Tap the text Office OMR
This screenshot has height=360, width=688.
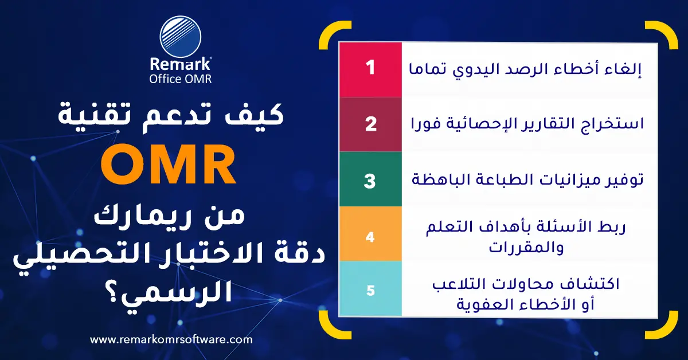[x=180, y=79]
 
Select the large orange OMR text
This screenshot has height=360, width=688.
[x=172, y=167]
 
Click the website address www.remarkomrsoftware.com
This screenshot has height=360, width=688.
[x=171, y=339]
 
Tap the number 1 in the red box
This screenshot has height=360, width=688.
[x=370, y=68]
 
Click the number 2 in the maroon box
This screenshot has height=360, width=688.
[x=370, y=124]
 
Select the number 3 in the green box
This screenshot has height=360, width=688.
[x=370, y=180]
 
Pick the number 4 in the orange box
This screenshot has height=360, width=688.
[x=370, y=236]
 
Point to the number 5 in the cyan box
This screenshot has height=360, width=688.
[x=370, y=290]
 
